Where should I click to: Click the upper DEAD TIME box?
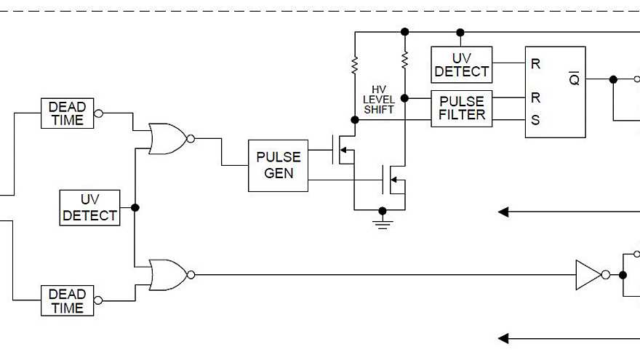(x=67, y=113)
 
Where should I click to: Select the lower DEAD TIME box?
(x=67, y=301)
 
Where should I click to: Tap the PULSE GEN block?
(x=278, y=166)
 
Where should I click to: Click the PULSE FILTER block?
(x=461, y=108)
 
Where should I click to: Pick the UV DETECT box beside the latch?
(x=461, y=65)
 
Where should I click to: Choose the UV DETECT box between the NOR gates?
(x=89, y=207)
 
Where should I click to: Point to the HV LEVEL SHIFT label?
(x=378, y=99)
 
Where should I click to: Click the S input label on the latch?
(x=535, y=120)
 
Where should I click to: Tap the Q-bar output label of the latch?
(x=574, y=79)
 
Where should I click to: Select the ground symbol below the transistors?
(x=382, y=219)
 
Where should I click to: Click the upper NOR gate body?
(x=167, y=138)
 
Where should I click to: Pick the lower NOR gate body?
(x=167, y=275)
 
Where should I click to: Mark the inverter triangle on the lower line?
(x=588, y=275)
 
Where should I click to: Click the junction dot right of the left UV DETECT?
(x=135, y=207)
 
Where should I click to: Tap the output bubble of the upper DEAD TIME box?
(x=99, y=113)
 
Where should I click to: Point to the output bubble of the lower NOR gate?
(x=191, y=275)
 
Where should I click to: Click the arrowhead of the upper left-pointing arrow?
(x=503, y=212)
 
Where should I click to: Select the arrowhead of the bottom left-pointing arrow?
(x=503, y=338)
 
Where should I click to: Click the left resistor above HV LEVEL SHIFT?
(x=355, y=66)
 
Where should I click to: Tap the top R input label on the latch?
(x=535, y=64)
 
